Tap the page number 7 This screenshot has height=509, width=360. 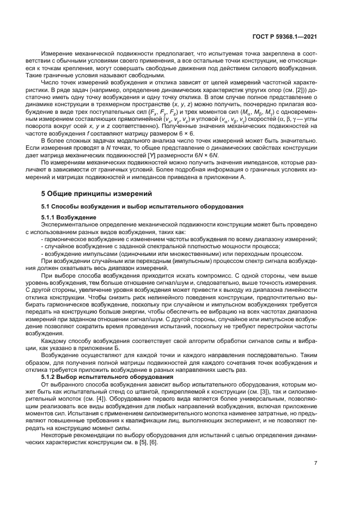coord(315,463)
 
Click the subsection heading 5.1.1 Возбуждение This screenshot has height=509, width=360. coord(69,217)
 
